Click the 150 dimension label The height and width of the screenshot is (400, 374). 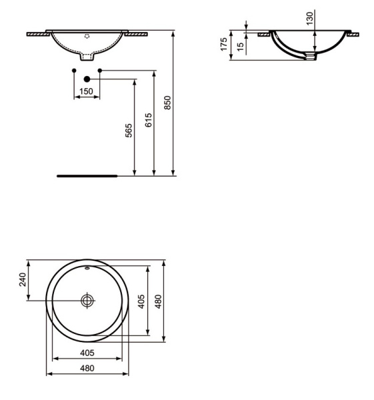87,91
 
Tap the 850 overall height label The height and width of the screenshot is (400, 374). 168,102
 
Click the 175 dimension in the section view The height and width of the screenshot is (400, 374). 224,45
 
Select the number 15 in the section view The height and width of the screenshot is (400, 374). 240,46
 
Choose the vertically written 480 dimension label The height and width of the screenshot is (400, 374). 158,301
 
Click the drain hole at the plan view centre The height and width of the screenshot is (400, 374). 87,301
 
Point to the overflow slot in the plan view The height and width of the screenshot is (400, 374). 87,270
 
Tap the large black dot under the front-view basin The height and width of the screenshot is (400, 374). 87,79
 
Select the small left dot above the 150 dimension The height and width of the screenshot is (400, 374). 73,70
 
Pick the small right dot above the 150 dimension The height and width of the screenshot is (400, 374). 100,70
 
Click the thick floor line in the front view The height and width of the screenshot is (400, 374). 87,176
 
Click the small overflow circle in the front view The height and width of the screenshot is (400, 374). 87,35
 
